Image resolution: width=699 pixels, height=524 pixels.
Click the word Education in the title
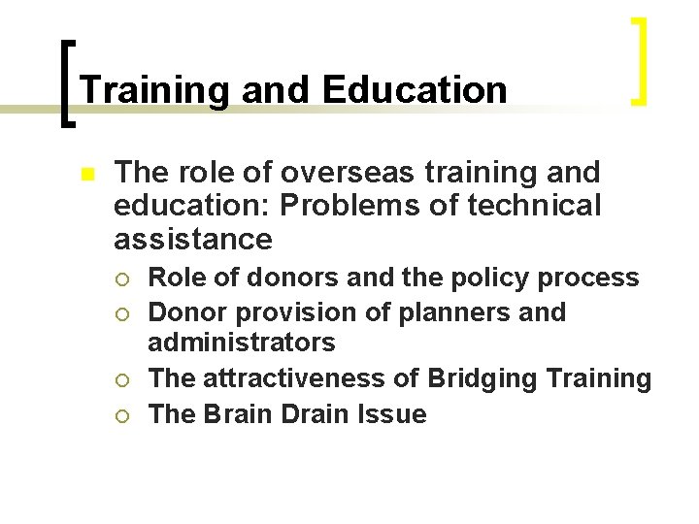click(415, 90)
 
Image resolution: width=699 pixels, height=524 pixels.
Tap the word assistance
click(192, 239)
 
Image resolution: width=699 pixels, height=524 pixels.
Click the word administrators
click(241, 343)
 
